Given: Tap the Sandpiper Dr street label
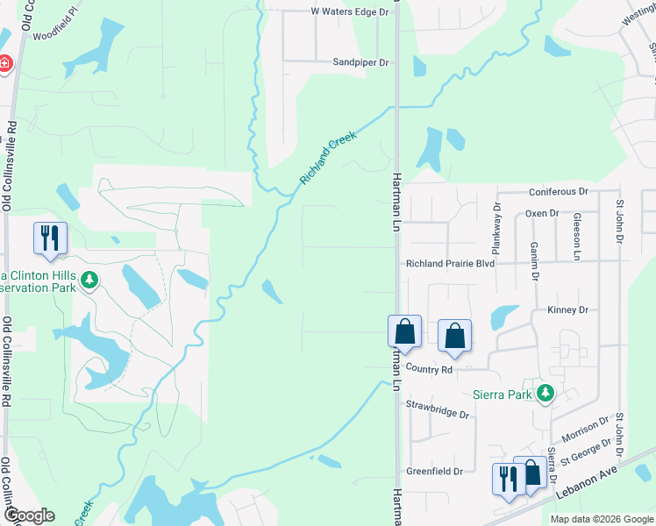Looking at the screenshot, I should click(x=360, y=62).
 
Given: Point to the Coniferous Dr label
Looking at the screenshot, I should click(x=558, y=191).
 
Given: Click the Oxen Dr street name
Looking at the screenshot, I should click(x=541, y=213).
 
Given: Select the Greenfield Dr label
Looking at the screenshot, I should click(x=434, y=472).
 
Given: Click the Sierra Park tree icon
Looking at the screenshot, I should click(x=545, y=393).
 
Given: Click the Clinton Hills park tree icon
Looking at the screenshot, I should click(x=88, y=281).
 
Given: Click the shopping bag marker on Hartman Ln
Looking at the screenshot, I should click(x=404, y=332).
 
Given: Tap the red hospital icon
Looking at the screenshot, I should click(x=4, y=63).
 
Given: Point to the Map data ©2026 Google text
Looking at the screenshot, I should click(x=601, y=519).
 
